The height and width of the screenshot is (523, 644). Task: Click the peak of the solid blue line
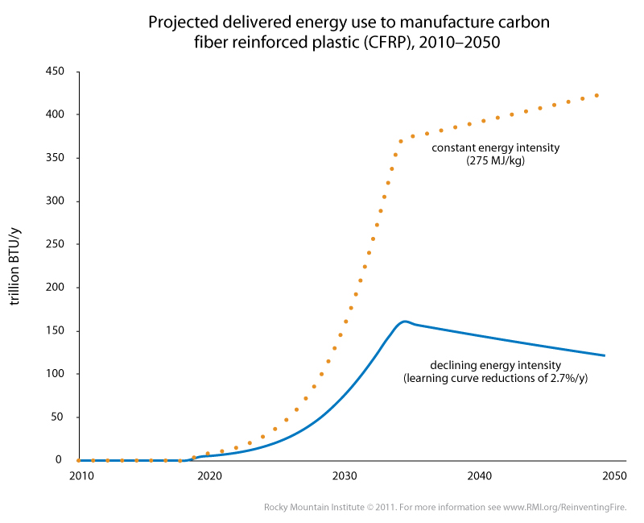click(x=404, y=321)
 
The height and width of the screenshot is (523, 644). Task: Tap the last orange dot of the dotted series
click(x=597, y=95)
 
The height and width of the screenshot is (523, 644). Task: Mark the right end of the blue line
click(x=605, y=355)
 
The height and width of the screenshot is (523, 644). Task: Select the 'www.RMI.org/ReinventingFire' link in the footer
click(x=562, y=507)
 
